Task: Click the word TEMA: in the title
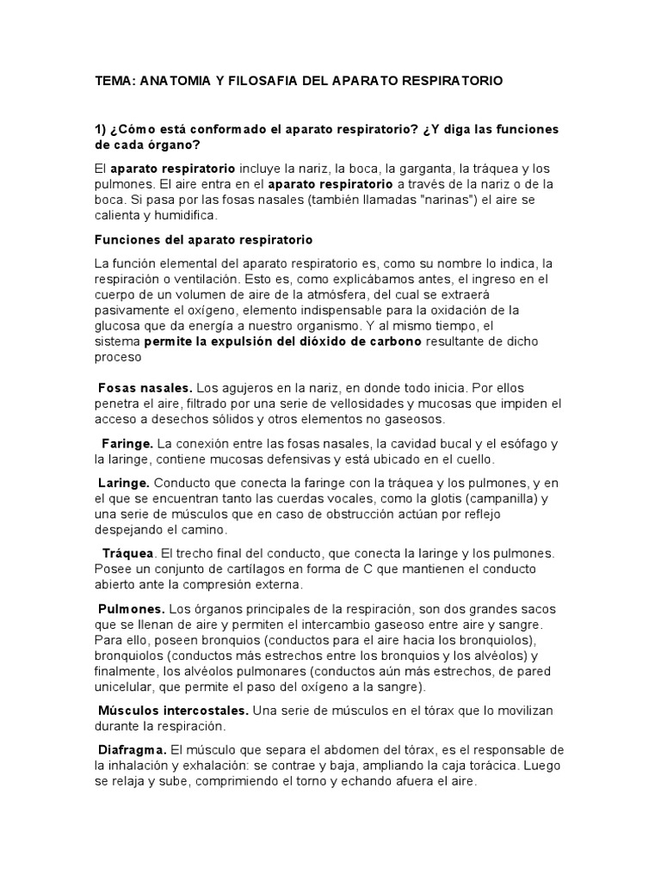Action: pos(114,80)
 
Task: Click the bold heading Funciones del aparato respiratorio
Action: pos(203,238)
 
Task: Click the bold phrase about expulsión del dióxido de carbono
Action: pos(283,341)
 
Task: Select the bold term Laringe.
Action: pos(125,483)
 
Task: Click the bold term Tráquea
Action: pos(129,553)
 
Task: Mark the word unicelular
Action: pos(124,687)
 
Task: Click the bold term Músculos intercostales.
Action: pos(174,711)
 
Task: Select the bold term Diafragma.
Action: pos(133,750)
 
